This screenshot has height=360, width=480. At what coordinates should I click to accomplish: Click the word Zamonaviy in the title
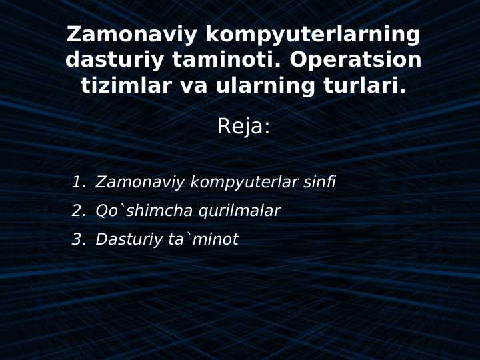click(x=131, y=35)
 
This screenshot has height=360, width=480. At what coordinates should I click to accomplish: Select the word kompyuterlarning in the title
click(x=313, y=35)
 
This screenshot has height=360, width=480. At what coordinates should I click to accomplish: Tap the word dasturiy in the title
click(x=114, y=60)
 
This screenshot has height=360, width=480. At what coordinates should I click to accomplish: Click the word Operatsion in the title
click(x=355, y=60)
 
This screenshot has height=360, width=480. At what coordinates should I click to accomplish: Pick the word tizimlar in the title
click(x=122, y=85)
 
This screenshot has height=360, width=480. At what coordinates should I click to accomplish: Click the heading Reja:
click(x=243, y=126)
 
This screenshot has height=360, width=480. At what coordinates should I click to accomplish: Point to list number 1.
click(x=78, y=182)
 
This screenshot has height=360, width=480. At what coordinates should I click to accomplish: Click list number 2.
click(x=78, y=211)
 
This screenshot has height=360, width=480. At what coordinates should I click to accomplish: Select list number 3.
click(x=78, y=239)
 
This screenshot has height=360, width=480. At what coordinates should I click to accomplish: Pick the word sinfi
click(x=319, y=182)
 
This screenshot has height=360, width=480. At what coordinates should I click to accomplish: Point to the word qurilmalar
click(x=239, y=211)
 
